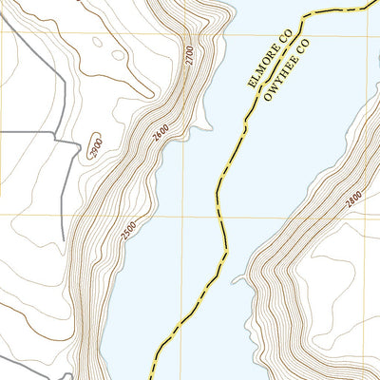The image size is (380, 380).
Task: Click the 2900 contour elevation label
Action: tap(94, 147)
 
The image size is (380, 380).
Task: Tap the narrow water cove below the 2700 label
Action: tap(199, 122)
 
